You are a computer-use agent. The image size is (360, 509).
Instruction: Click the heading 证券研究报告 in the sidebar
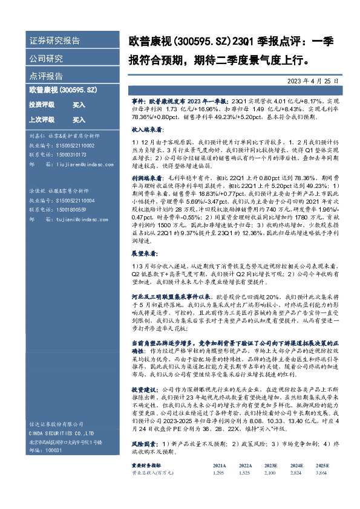[x=55, y=41]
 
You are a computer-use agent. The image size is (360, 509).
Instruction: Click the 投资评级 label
[x=42, y=105]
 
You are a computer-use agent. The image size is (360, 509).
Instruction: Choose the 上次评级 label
[x=42, y=120]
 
